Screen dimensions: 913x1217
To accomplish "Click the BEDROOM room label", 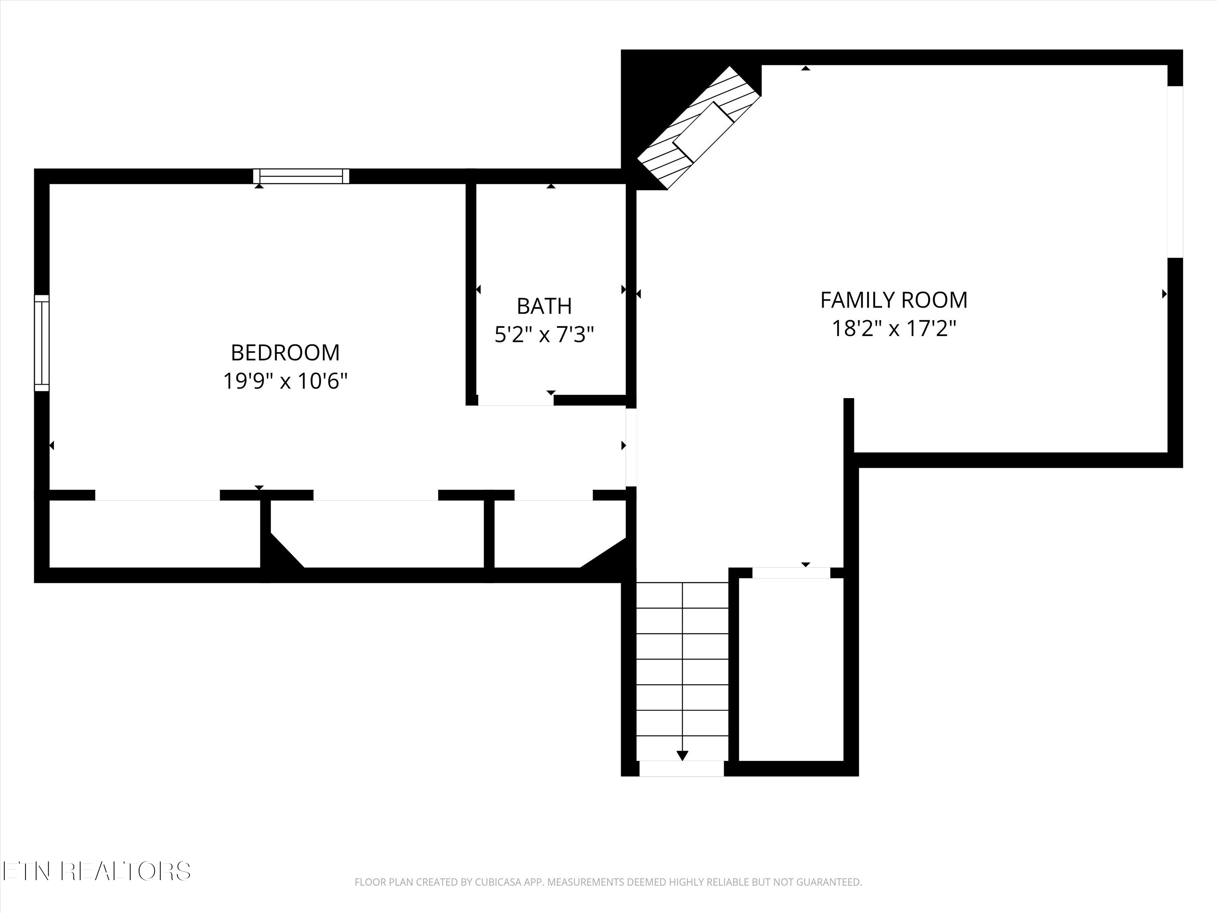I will pyautogui.click(x=285, y=353).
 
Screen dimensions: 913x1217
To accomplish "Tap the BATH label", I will pyautogui.click(x=544, y=306).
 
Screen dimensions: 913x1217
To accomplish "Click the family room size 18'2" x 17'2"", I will pyautogui.click(x=894, y=329).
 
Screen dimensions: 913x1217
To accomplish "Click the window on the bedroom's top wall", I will pyautogui.click(x=301, y=176).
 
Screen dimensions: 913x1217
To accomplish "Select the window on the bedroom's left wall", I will pyautogui.click(x=42, y=343).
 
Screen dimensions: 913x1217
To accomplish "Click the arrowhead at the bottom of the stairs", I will pyautogui.click(x=682, y=756).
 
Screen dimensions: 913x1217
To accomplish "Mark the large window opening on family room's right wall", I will pyautogui.click(x=1175, y=172).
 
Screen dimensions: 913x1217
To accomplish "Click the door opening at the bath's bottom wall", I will pyautogui.click(x=516, y=401).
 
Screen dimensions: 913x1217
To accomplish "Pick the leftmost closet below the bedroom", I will pyautogui.click(x=154, y=534).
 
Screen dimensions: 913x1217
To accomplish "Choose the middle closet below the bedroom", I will pyautogui.click(x=380, y=534).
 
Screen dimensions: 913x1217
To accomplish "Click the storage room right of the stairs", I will pyautogui.click(x=791, y=669).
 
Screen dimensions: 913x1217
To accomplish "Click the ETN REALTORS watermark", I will pyautogui.click(x=96, y=871).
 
